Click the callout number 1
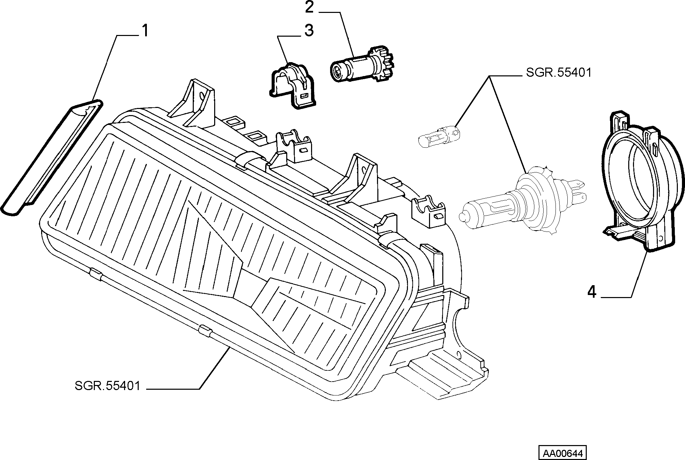click(x=145, y=31)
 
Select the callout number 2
click(x=309, y=7)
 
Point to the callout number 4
click(x=592, y=292)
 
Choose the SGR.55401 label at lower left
click(x=107, y=386)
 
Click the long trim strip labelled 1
click(x=51, y=158)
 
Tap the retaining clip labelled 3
click(x=292, y=86)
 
